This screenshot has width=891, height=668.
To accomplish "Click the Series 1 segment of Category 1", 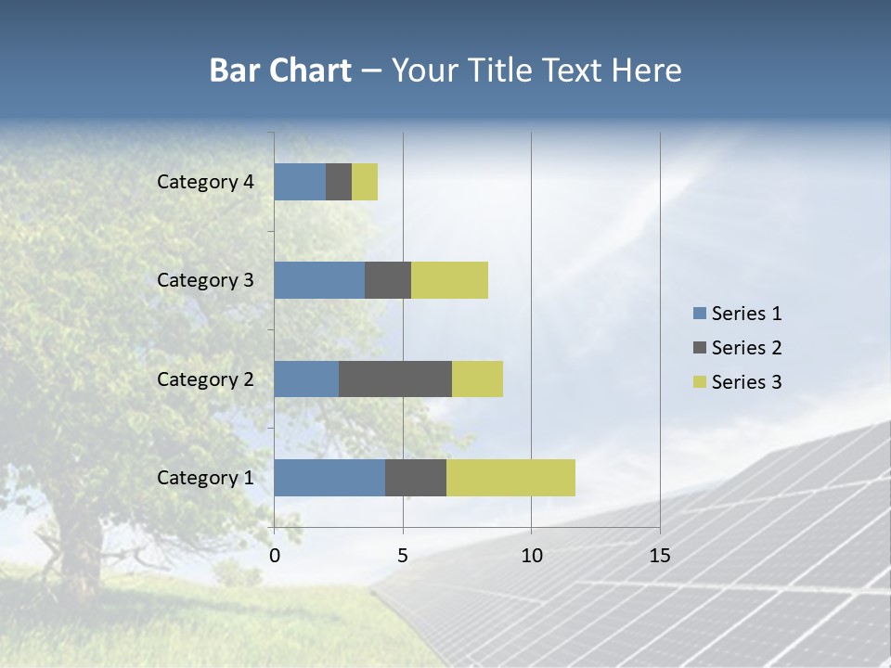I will click(329, 477).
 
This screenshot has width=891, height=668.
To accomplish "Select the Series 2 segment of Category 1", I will click(416, 477).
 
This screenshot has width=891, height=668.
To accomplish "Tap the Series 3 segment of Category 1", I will click(510, 477).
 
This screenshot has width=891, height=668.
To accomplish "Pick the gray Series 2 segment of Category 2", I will click(395, 379).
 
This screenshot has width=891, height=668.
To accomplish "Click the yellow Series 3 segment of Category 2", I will click(477, 379).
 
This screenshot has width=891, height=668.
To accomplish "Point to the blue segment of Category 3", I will click(319, 280).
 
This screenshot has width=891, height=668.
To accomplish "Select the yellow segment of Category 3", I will click(449, 280).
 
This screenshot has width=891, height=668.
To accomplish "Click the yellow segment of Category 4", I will click(365, 182).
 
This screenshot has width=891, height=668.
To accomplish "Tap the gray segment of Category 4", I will click(339, 182).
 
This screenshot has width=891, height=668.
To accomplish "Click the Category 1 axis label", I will click(205, 478).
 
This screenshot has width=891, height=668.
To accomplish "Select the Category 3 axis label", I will click(205, 280).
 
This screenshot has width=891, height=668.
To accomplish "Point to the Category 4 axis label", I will click(205, 182).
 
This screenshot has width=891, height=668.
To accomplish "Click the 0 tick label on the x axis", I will click(275, 556).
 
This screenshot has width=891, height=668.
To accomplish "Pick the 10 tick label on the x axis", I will click(531, 556).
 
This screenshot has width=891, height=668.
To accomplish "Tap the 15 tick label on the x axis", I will click(659, 556).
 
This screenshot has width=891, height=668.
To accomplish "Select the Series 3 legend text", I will click(746, 382).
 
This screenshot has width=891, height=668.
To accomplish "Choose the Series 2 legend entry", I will click(737, 348).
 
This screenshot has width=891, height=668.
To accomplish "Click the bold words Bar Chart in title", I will click(280, 71).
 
